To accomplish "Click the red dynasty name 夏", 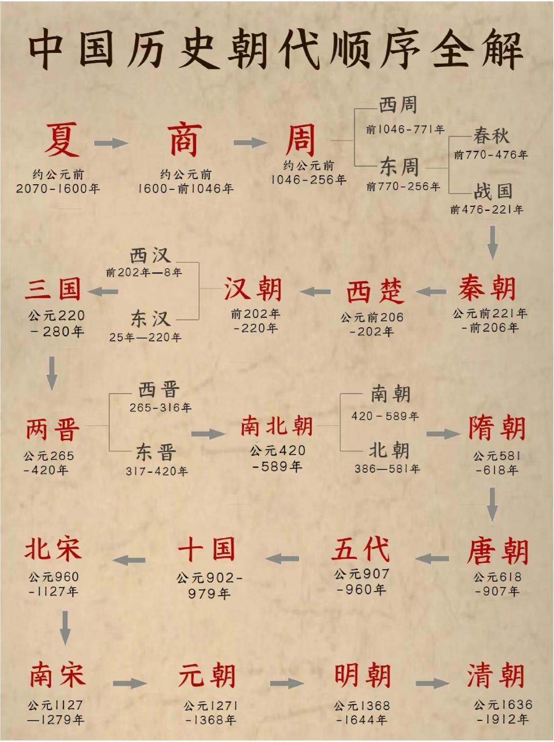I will (62, 140).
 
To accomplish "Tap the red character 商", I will (184, 140).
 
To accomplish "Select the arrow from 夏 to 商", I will (110, 143).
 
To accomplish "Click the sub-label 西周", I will (398, 105).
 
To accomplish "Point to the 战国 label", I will (493, 191).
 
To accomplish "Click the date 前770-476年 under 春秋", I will (491, 154).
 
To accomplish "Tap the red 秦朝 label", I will (487, 288).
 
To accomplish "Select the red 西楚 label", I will (375, 291).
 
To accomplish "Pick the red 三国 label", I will (53, 289).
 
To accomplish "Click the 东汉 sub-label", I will (150, 319).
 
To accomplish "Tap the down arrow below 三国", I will (52, 373).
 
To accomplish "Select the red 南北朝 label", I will (276, 426).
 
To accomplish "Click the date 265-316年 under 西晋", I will (160, 407).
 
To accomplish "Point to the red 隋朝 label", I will (497, 428).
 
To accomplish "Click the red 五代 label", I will (361, 549).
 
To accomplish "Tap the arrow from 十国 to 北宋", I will (129, 560).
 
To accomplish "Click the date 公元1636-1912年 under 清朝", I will (503, 712).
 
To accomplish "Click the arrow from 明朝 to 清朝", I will (432, 684).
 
